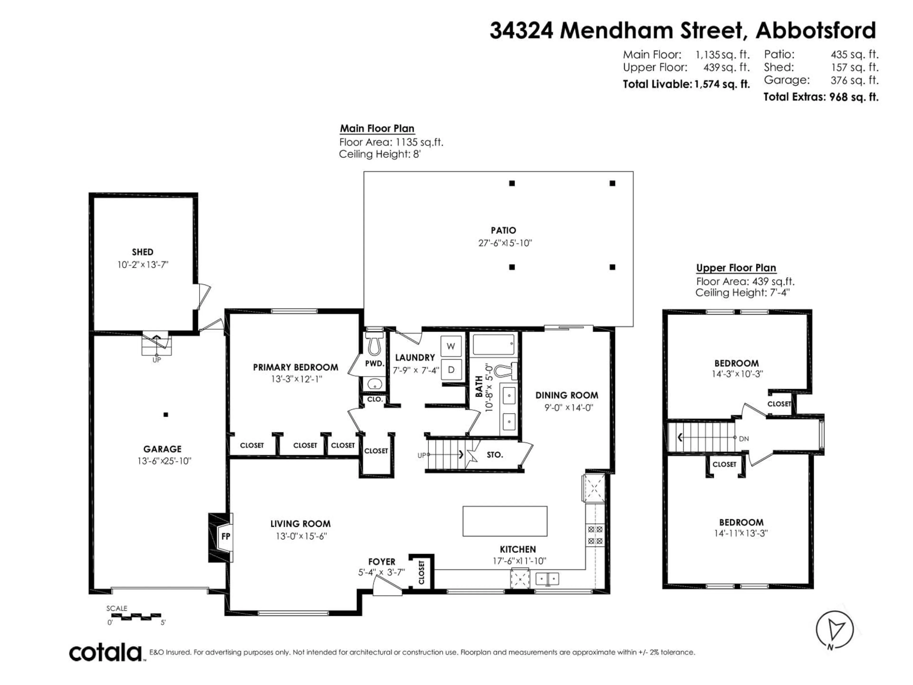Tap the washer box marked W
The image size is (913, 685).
tap(451, 346)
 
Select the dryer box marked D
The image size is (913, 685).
tap(451, 370)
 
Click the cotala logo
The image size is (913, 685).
tap(105, 653)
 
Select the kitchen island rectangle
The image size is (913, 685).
tap(505, 521)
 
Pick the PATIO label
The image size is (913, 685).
tap(503, 230)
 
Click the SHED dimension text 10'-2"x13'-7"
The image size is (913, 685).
tap(143, 265)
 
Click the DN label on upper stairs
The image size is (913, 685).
tap(744, 439)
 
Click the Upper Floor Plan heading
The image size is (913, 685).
tap(736, 268)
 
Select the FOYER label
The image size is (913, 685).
tap(382, 562)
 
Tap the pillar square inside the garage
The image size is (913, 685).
tap(165, 415)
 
